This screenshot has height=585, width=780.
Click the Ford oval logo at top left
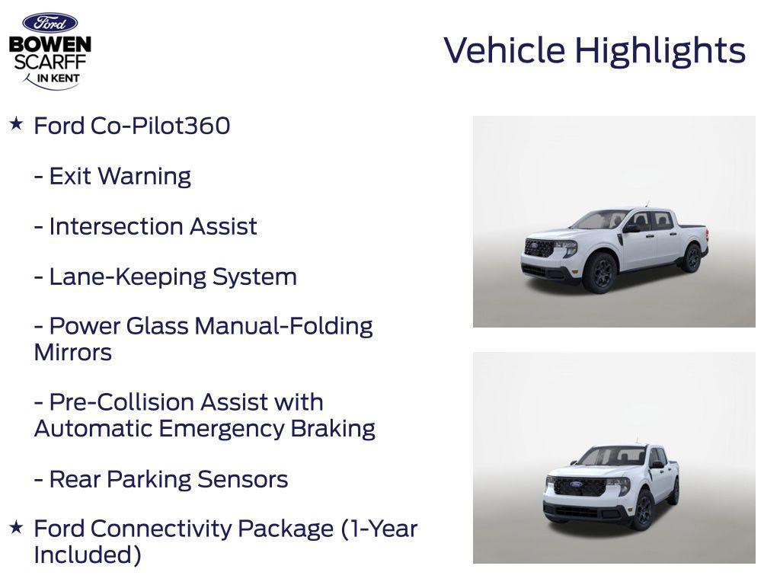pyautogui.click(x=50, y=22)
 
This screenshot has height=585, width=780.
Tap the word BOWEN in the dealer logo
pyautogui.click(x=50, y=44)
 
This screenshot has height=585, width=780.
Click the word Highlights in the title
pyautogui.click(x=660, y=51)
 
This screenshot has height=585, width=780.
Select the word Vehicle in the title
pyautogui.click(x=504, y=50)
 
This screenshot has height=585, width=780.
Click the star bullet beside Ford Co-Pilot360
pyautogui.click(x=16, y=123)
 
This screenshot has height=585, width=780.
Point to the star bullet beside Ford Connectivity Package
pyautogui.click(x=16, y=526)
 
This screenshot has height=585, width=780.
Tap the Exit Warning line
pyautogui.click(x=112, y=176)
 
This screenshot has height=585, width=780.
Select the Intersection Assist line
pyautogui.click(x=145, y=226)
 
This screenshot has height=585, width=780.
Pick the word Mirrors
pyautogui.click(x=72, y=353)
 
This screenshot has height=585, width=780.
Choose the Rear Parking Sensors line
pyautogui.click(x=161, y=479)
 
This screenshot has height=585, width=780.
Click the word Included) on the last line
pyautogui.click(x=88, y=555)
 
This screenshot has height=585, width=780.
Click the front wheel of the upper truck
pyautogui.click(x=599, y=272)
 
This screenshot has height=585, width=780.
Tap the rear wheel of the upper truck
pyautogui.click(x=691, y=257)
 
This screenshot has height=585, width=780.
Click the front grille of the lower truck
pyautogui.click(x=579, y=487)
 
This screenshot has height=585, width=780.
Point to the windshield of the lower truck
pyautogui.click(x=609, y=456)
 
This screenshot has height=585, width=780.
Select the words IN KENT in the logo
pyautogui.click(x=59, y=78)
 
